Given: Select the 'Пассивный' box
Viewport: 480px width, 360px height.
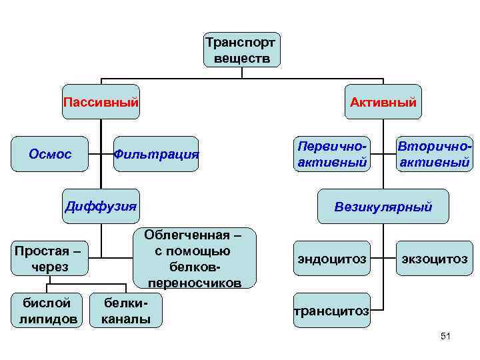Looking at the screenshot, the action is pos(101,102).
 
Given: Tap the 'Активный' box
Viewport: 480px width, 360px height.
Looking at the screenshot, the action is pos(383,102).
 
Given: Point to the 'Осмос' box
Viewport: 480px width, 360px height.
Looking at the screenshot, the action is pos(50,154).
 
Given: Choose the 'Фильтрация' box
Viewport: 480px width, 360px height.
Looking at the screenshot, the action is pos(156,155).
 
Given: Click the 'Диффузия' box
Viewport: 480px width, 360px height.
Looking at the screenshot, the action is pos(101,205).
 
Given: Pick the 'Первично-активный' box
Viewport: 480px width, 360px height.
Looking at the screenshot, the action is pos(332,154).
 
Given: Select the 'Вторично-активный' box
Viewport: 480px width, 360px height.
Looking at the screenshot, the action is pos(434,154).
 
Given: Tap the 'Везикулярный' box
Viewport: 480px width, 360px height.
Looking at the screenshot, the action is pos(383,207).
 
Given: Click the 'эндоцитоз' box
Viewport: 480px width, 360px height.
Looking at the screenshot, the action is pos(331,259).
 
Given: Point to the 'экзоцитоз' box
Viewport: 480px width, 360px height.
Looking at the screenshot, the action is pos(434,259).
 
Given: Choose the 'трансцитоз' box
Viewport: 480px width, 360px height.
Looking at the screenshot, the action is pos(331,310).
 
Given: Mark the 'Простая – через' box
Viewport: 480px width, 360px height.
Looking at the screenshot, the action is pos(50,259).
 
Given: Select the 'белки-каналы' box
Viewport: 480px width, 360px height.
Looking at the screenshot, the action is pos(126,311).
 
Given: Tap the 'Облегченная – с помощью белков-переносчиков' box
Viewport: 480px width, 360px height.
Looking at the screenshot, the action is pos(194,258).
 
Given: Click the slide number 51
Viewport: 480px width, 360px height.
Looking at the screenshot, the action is pos(446,337).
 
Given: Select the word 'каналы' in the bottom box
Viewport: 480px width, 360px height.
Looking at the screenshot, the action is pos(126,319).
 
